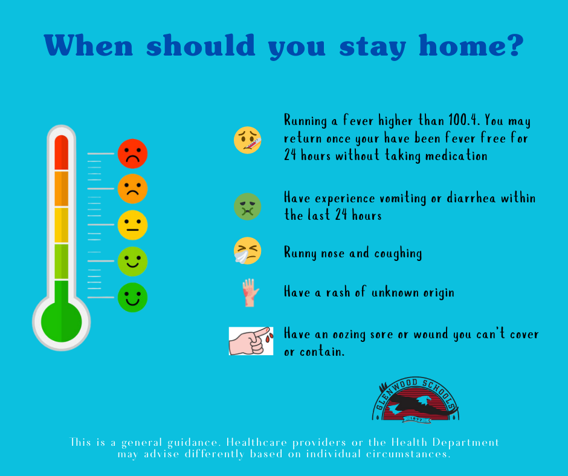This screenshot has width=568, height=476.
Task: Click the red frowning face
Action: (132, 153)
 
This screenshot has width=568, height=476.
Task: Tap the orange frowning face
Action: (132, 188)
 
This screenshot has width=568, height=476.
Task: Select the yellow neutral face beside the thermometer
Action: (132, 225)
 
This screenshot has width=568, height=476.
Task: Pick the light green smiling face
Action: (132, 261)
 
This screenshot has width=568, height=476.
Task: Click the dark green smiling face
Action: (132, 297)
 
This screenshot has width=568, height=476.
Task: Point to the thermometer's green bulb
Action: (61, 320)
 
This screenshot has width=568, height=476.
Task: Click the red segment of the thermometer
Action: (61, 152)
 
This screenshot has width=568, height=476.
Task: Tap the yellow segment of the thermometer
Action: (61, 225)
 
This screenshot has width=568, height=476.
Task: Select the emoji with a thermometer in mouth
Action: (248, 140)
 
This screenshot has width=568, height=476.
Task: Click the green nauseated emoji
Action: (248, 207)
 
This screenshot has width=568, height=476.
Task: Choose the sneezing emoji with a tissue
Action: (248, 251)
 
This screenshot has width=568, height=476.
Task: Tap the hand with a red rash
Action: (250, 293)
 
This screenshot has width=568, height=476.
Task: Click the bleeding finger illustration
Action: (251, 341)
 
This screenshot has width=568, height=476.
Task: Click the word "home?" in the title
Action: (469, 46)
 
